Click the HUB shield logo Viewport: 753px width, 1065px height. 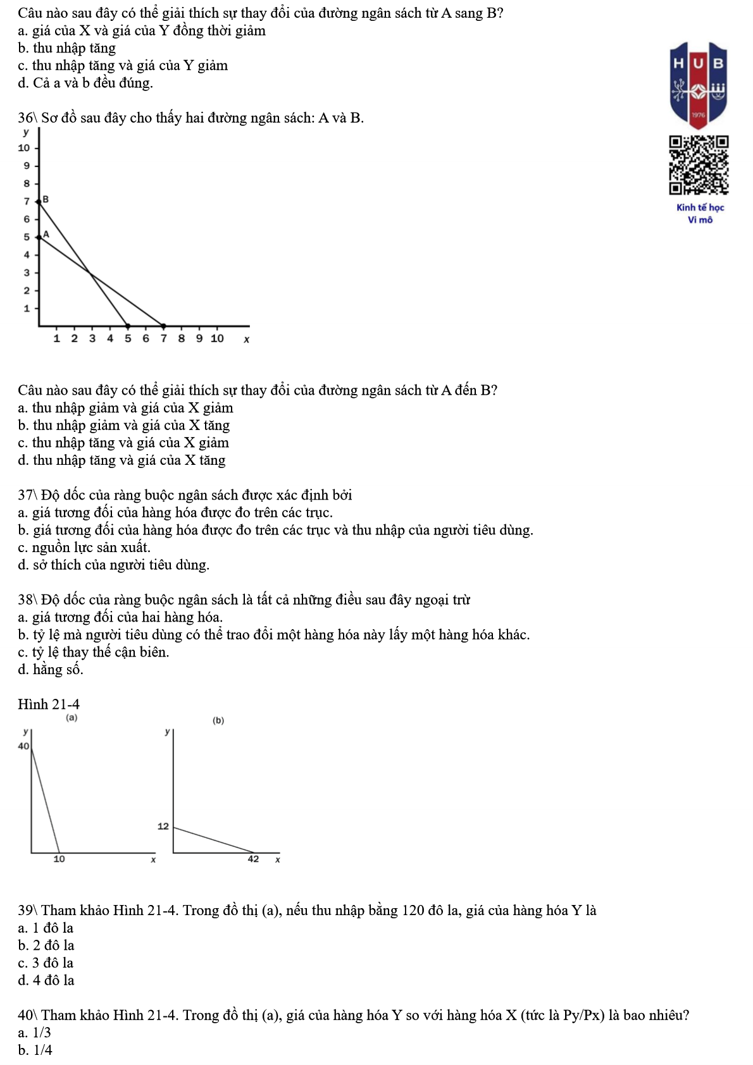tap(699, 85)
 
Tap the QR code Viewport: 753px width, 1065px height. tap(699, 164)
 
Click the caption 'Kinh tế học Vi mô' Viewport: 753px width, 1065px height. tap(700, 213)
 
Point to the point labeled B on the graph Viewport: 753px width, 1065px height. tap(39, 201)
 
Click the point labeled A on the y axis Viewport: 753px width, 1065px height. tap(39, 237)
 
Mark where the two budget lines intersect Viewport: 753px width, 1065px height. tap(89, 273)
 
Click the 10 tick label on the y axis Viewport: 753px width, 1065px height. tap(24, 148)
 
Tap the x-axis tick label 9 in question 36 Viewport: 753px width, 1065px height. tap(199, 338)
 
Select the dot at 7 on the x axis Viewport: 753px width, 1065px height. tap(163, 326)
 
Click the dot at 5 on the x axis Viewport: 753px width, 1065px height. tap(128, 326)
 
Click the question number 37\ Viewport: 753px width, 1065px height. tap(28, 495)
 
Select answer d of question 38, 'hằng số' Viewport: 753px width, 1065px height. tap(51, 670)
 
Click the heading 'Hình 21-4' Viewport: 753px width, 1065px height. tap(49, 705)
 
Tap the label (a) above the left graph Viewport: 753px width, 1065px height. tap(72, 718)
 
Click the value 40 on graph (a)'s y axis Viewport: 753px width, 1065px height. tap(23, 746)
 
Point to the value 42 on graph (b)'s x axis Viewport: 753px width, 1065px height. tap(253, 859)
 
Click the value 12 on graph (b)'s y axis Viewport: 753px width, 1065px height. tap(163, 826)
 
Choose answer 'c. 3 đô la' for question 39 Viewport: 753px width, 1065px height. tap(46, 963)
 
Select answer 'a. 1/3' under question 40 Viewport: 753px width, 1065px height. tap(35, 1033)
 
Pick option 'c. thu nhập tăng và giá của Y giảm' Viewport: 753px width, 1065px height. tap(123, 66)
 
